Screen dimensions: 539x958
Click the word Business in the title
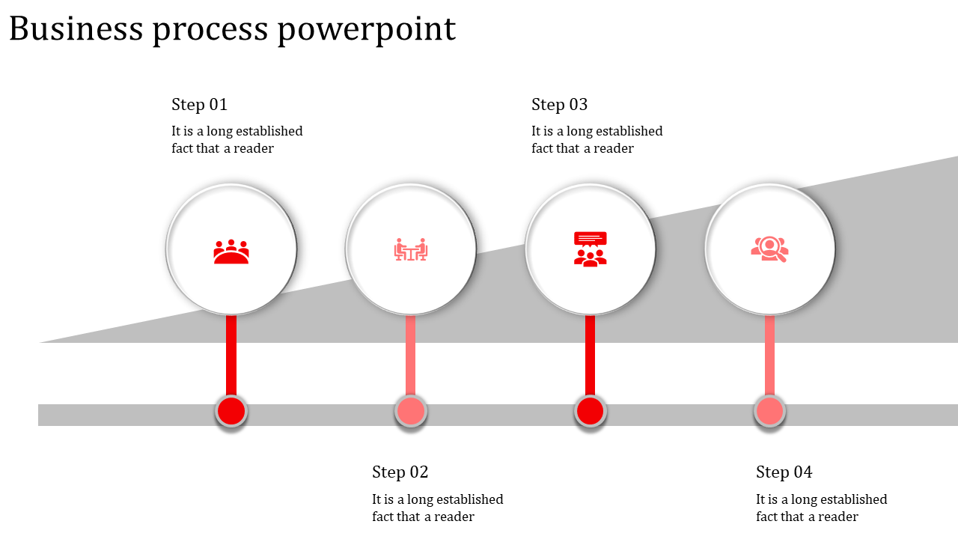[x=76, y=29]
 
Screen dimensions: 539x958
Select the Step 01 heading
[x=199, y=104]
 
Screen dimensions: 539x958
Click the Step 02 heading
[x=400, y=472]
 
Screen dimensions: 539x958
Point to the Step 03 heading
[x=559, y=104]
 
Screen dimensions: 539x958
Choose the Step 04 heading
[x=784, y=472]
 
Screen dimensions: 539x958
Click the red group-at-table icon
[x=231, y=252]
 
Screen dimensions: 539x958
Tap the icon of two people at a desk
[x=411, y=249]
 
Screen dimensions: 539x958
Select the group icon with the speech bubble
[x=591, y=249]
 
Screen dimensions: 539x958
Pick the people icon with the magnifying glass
[x=770, y=249]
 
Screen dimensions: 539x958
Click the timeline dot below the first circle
[x=231, y=411]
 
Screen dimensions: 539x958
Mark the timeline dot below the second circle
[x=411, y=411]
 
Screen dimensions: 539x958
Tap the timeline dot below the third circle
[x=591, y=411]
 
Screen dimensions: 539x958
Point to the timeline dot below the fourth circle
[x=770, y=411]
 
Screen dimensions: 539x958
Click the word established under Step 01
[x=269, y=131]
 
